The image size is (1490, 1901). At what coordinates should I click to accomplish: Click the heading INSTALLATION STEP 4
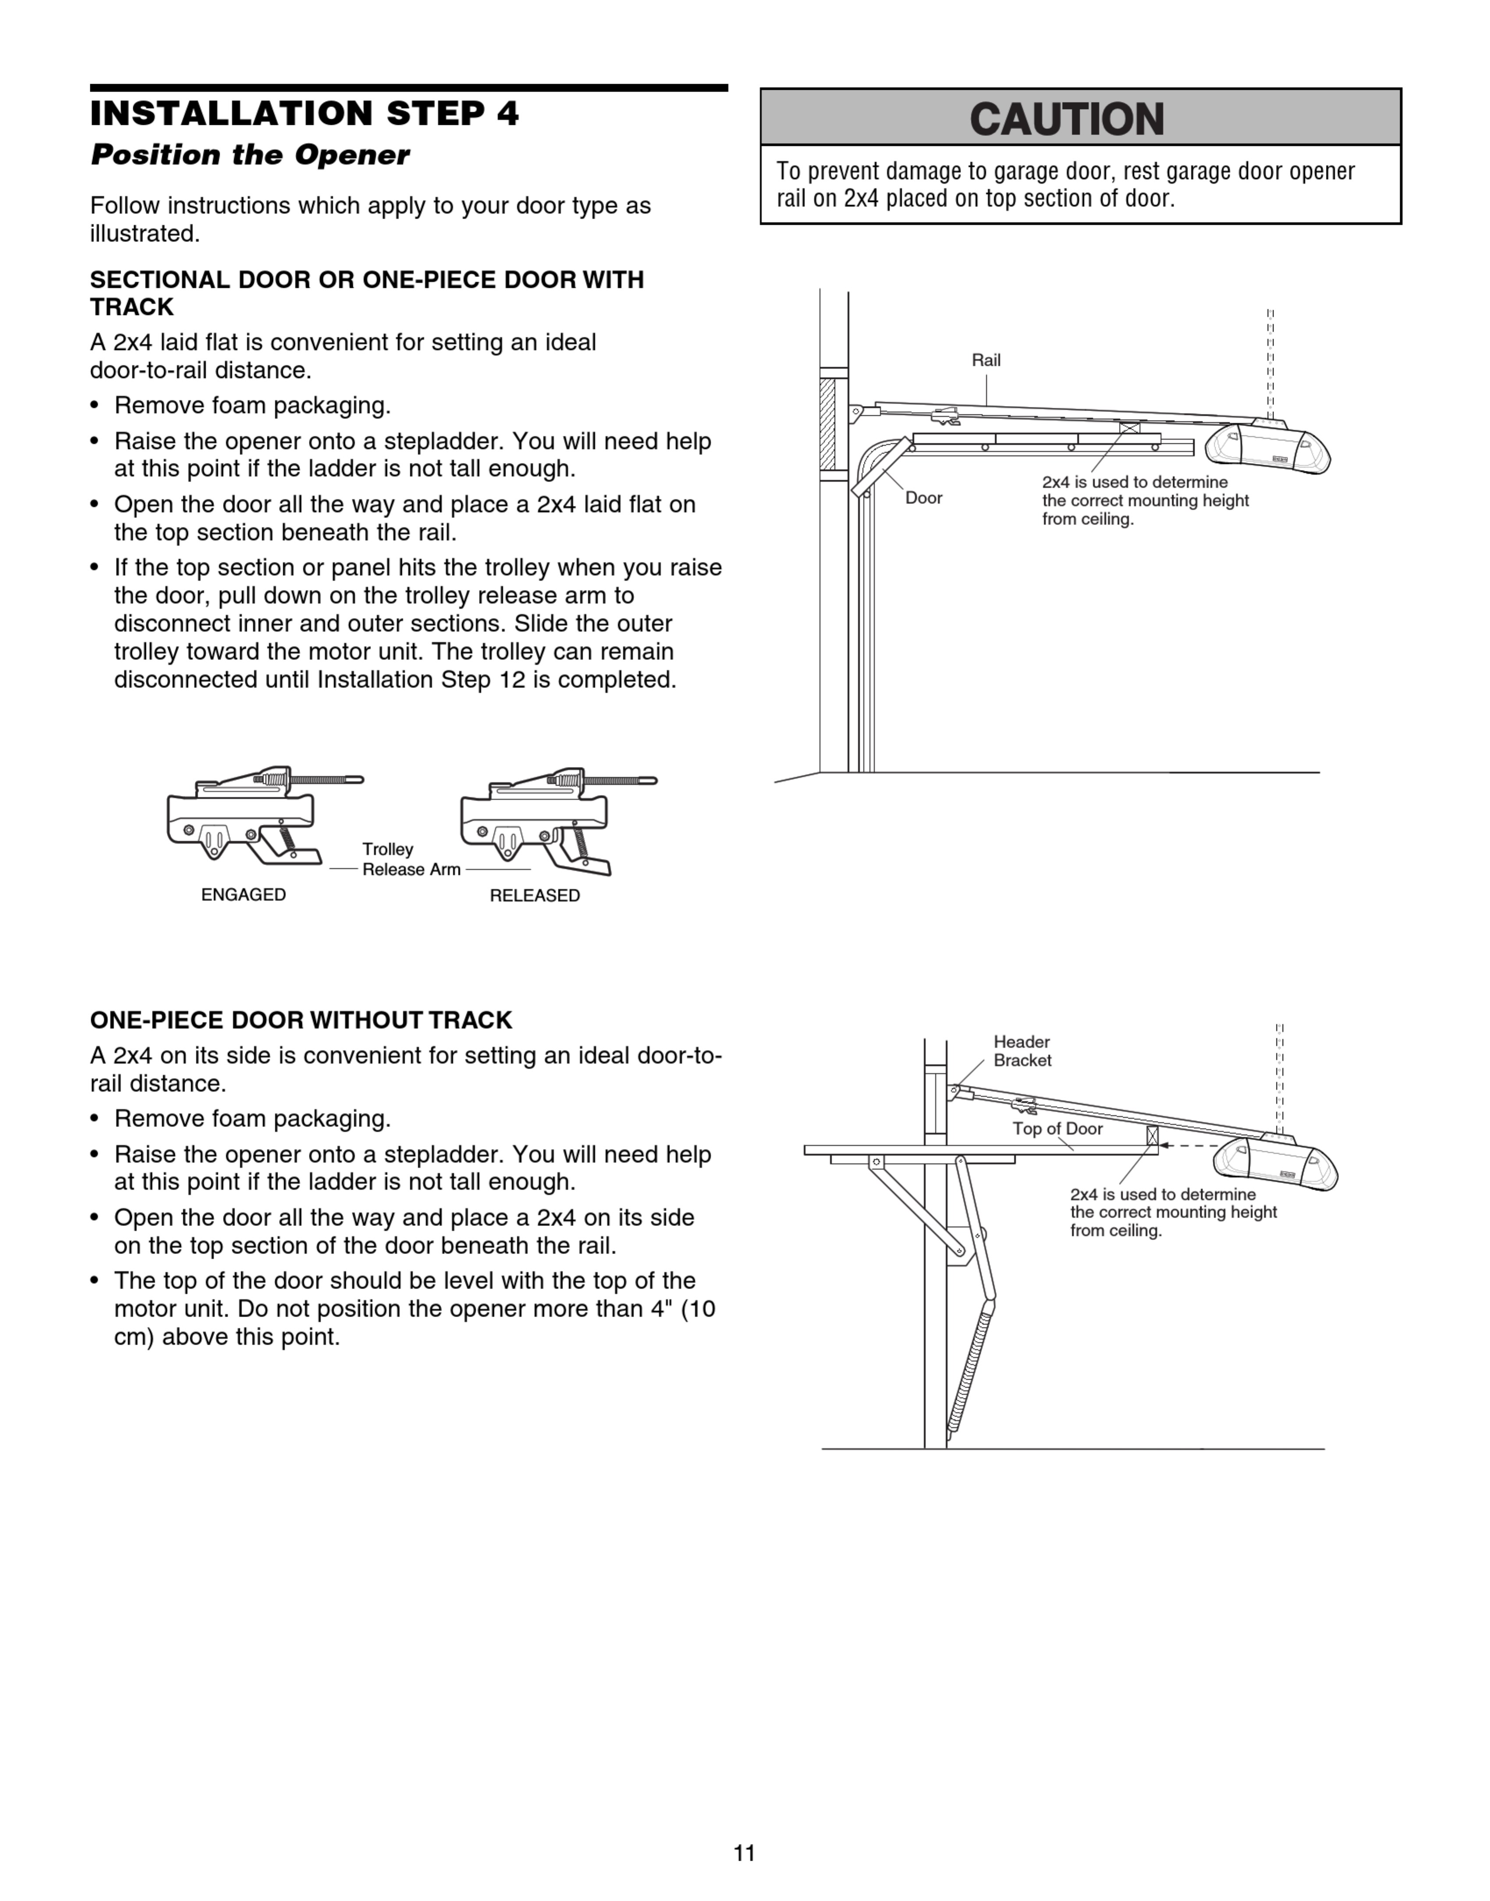point(305,113)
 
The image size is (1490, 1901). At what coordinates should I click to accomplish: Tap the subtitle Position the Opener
point(250,155)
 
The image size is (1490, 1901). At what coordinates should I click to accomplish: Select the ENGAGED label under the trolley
point(243,895)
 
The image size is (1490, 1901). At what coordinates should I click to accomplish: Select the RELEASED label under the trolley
point(535,896)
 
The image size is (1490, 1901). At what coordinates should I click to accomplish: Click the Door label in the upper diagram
point(924,498)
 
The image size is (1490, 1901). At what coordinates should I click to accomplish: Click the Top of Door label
point(1057,1128)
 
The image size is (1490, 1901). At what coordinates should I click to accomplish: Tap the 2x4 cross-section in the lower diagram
point(1153,1136)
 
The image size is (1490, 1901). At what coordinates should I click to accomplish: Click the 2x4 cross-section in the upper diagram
point(1130,428)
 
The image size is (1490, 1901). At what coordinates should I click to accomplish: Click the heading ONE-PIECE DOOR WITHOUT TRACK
point(301,1020)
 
